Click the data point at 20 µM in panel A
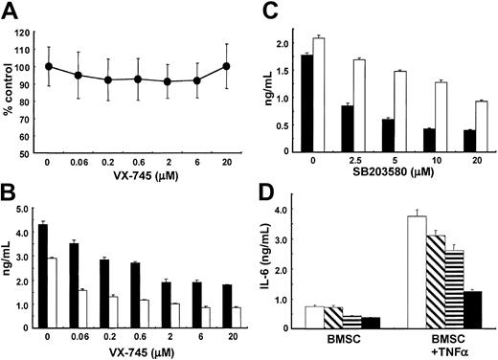226,66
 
